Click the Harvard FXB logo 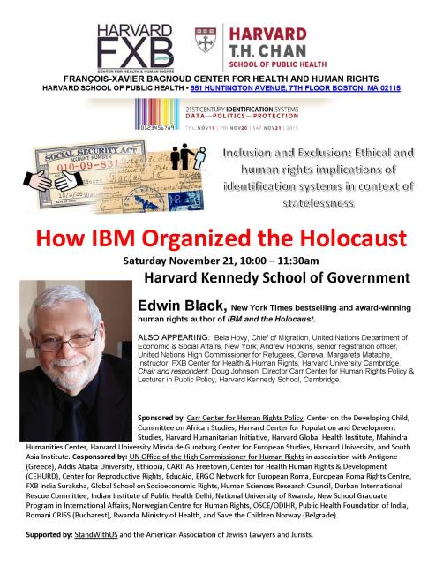[x=133, y=40]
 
